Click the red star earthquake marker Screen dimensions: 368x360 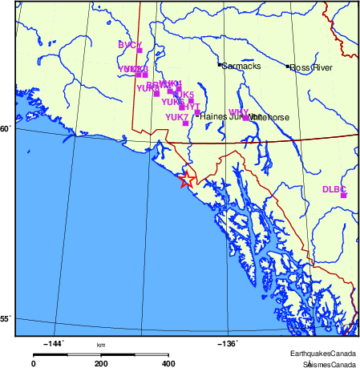click(185, 180)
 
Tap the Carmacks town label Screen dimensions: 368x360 click(241, 67)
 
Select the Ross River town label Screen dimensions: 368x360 click(311, 67)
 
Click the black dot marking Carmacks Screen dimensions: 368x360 click(220, 65)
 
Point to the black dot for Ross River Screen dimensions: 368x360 click(288, 66)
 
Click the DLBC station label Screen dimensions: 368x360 click(334, 189)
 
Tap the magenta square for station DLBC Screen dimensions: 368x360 click(343, 195)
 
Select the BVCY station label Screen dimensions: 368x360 click(130, 45)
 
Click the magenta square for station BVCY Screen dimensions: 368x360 click(140, 51)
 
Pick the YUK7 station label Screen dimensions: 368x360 click(176, 117)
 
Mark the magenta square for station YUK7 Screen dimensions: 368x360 click(186, 123)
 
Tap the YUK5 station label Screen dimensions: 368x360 click(184, 95)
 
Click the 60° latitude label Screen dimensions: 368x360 click(6, 128)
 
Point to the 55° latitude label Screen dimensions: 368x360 click(6, 319)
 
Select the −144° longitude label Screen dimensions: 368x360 click(54, 345)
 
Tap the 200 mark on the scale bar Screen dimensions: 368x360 click(101, 363)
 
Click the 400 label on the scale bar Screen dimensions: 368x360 click(168, 363)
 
